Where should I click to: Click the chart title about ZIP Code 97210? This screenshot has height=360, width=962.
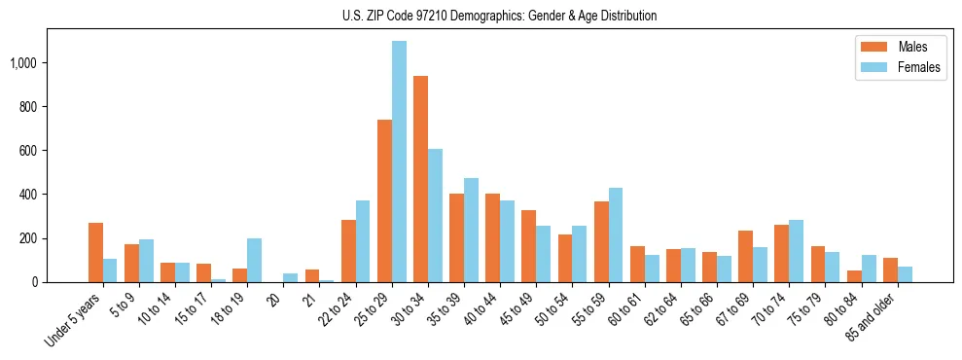(x=500, y=16)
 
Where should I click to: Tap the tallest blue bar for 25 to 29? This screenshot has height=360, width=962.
(x=399, y=162)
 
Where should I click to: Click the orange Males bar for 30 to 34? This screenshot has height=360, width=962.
(x=420, y=179)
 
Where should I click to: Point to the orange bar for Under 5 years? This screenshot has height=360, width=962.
(x=95, y=253)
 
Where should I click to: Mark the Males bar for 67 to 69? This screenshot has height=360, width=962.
(x=746, y=256)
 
